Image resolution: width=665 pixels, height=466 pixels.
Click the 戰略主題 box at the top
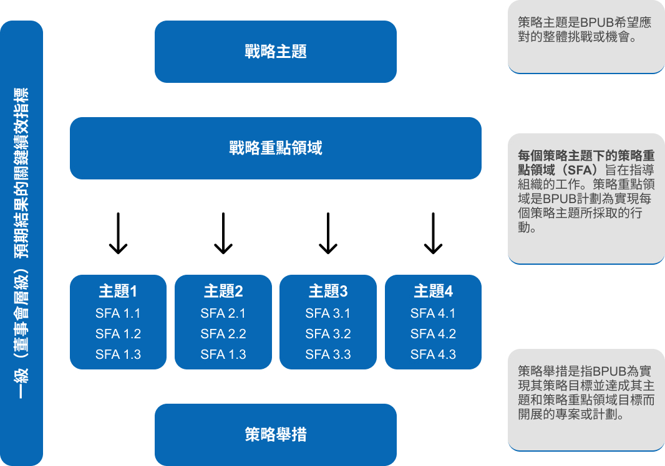(x=275, y=52)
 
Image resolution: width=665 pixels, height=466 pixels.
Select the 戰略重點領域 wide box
(x=275, y=148)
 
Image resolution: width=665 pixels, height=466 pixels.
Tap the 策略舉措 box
(x=275, y=434)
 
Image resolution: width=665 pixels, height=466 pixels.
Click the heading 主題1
(x=118, y=291)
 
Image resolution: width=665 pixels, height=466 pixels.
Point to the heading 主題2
(x=223, y=291)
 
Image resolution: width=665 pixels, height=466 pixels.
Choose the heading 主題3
(x=328, y=291)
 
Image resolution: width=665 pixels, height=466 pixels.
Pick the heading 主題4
(x=433, y=291)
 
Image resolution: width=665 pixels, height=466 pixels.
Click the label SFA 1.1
(x=118, y=313)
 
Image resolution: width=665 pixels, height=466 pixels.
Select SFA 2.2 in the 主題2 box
(x=223, y=334)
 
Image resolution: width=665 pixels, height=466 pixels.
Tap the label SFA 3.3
(x=328, y=354)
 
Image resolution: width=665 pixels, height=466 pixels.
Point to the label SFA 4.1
(x=433, y=313)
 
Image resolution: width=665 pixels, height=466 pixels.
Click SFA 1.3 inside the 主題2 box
(x=223, y=354)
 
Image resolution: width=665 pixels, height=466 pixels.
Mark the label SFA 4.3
(x=433, y=354)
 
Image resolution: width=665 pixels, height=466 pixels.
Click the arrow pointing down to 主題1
(x=118, y=234)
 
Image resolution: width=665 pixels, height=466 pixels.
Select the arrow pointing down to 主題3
(x=328, y=234)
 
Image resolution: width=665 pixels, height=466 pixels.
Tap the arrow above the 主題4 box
(x=433, y=234)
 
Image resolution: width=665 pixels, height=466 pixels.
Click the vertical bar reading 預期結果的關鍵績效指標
(x=22, y=243)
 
